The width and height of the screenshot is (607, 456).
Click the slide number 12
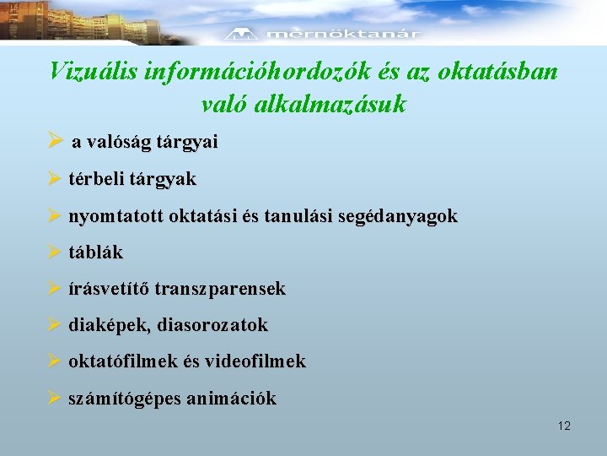point(564,426)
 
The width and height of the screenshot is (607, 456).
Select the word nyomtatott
point(115,216)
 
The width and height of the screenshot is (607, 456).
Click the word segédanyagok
point(402,216)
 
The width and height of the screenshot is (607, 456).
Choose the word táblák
point(95,252)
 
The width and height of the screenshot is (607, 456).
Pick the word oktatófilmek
point(117,361)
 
